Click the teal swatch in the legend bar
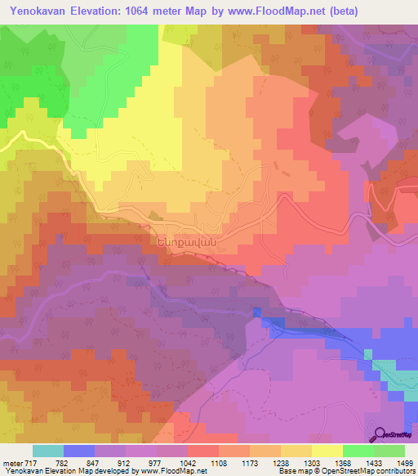point(47,450)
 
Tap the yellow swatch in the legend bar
point(327,450)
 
